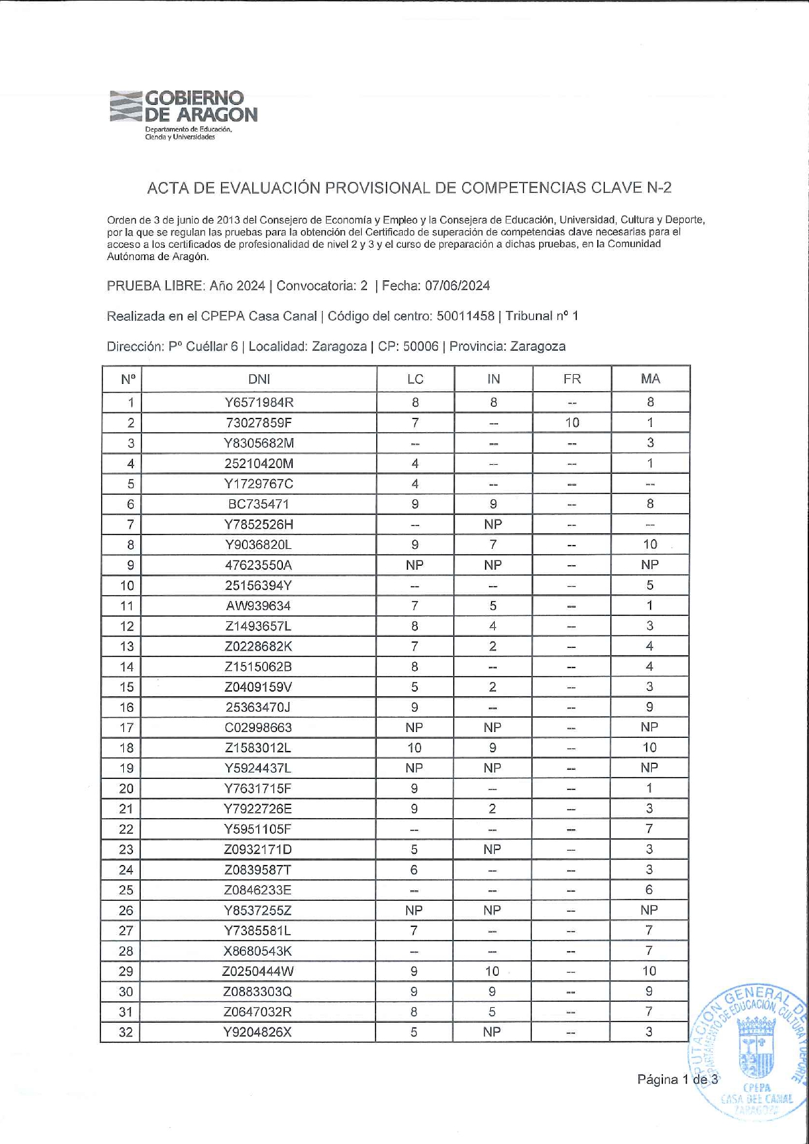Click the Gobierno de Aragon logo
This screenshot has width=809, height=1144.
[x=184, y=114]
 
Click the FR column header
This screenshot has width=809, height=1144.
[x=572, y=379]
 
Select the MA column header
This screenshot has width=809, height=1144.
[x=650, y=379]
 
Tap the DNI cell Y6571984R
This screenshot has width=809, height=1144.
[x=259, y=402]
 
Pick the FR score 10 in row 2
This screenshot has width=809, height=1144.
[x=572, y=422]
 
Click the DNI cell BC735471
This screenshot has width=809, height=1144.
[x=259, y=504]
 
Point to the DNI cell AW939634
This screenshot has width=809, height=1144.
[x=259, y=606]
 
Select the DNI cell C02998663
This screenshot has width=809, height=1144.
[x=259, y=727]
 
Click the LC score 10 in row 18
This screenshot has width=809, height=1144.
[x=415, y=748]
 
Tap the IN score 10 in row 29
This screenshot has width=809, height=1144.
[x=492, y=971]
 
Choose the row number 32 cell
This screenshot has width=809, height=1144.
[x=126, y=1032]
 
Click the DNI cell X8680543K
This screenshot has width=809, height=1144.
[x=258, y=951]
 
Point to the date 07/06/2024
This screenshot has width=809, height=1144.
[x=457, y=286]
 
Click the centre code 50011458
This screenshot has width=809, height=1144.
[x=465, y=316]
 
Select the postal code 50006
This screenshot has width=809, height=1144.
[x=420, y=346]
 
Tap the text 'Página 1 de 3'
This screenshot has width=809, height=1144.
[x=677, y=1079]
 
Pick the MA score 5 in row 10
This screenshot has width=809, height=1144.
[x=650, y=585]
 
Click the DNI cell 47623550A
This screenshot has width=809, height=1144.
[x=259, y=565]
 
